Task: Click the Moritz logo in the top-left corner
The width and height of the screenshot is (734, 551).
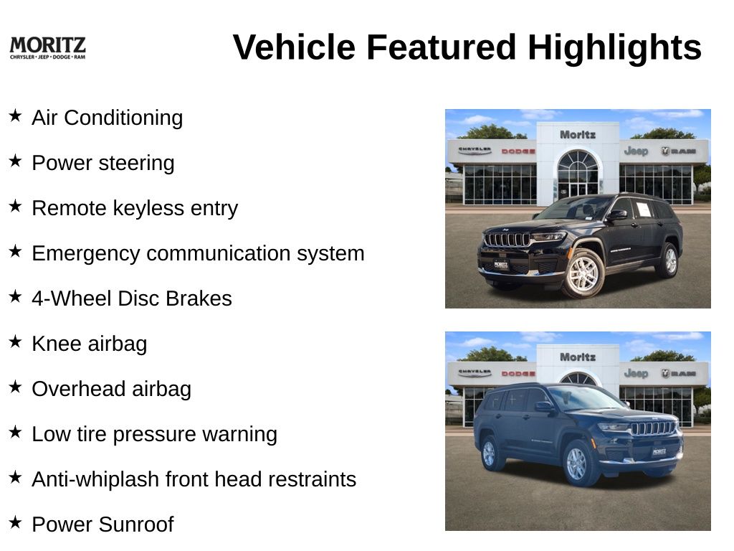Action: tap(47, 48)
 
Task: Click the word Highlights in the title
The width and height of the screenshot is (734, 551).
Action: tap(614, 47)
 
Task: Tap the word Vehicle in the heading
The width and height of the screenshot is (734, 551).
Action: tap(294, 47)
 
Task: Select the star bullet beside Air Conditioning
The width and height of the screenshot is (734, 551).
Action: tap(16, 116)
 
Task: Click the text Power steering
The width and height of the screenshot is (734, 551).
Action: tap(103, 163)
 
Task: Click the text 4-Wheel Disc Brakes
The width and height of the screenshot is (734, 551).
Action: tap(132, 298)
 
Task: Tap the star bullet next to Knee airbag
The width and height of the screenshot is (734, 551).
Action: tap(16, 341)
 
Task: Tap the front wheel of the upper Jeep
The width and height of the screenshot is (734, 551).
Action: tap(583, 273)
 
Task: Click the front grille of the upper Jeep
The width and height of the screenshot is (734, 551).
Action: tap(507, 240)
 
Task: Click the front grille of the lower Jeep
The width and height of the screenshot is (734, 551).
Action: tap(654, 428)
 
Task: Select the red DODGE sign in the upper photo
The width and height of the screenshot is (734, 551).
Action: tap(518, 151)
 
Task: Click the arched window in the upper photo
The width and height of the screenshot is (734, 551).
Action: tap(578, 161)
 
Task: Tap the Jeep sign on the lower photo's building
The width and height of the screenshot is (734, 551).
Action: tap(637, 373)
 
